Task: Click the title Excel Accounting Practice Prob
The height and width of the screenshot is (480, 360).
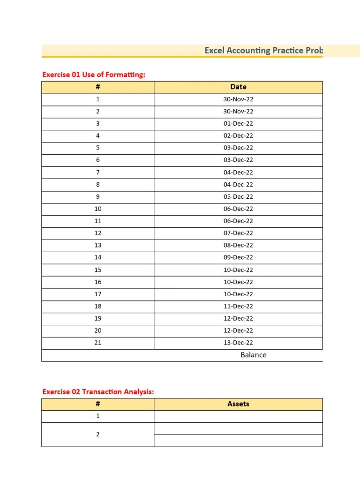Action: coord(263,51)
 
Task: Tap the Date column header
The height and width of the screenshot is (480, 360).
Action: coord(238,87)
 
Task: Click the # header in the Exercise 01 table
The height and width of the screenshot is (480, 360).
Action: coord(97,87)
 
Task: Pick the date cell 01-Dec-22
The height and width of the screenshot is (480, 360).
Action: coord(238,124)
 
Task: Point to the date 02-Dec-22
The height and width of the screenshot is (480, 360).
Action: coord(238,136)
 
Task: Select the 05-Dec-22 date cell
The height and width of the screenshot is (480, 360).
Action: coord(238,197)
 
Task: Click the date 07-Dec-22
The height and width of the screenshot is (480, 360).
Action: coord(238,233)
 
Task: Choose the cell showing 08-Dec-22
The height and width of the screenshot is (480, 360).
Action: coord(238,246)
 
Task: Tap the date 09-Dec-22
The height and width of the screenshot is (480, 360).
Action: coord(238,258)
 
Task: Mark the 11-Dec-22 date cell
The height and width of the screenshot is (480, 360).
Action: coord(238,307)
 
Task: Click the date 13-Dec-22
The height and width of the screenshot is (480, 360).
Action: coord(238,343)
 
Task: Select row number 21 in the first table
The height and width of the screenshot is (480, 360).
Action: coord(97,343)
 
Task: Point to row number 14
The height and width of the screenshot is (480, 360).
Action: coord(97,258)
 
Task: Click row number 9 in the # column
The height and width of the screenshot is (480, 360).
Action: coord(97,197)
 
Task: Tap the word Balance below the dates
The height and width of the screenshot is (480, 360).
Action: coord(253,355)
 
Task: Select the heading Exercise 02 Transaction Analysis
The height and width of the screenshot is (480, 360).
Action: coord(98,392)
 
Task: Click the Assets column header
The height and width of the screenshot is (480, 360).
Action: coord(238,404)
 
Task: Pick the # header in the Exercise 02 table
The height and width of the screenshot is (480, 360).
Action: coord(97,404)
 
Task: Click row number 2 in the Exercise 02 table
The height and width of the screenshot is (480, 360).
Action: coord(97,435)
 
